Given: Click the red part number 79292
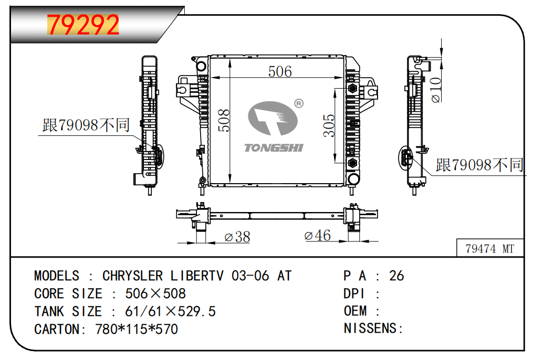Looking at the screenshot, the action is tap(83, 25).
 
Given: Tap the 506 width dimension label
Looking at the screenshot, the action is tap(280, 72).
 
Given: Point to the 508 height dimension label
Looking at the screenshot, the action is tap(224, 120).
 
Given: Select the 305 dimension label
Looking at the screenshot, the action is tap(329, 125).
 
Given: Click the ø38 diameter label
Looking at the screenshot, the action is tap(237, 237).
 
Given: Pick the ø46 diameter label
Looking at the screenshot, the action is tap(317, 236).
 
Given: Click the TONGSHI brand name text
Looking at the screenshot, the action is tap(274, 148).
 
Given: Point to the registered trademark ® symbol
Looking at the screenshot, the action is tap(299, 103).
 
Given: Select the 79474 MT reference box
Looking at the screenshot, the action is tap(489, 248).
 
